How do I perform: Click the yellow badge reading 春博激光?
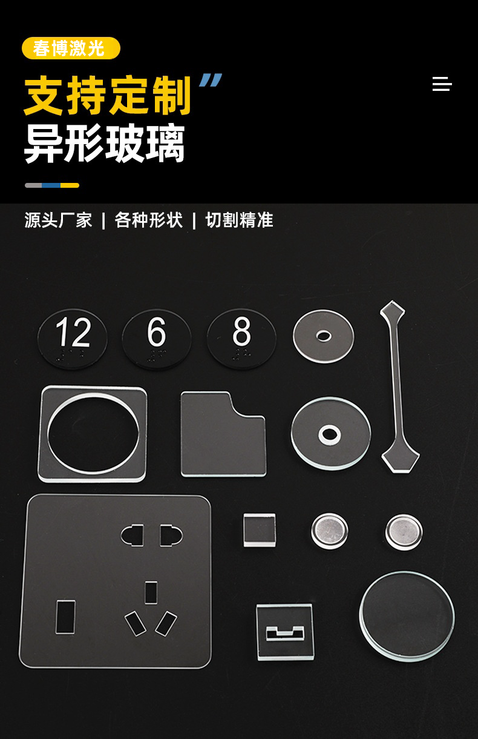coord(71,48)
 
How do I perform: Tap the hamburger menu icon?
coord(442,84)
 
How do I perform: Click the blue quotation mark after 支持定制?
coord(211,80)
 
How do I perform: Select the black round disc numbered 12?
coord(73,339)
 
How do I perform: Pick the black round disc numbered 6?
coord(157,339)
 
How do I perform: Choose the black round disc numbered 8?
coord(241,339)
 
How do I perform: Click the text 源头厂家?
coord(58,220)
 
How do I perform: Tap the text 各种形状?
coord(148,220)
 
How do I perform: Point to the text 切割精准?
coord(240,220)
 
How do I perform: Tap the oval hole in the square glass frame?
coord(93,433)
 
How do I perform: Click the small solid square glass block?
coord(260,530)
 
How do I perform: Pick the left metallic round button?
coord(329,531)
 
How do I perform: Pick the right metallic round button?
coord(404,532)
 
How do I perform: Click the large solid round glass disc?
coord(407,616)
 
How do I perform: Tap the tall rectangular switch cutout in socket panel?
coord(65,617)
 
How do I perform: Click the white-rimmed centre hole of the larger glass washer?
coord(330,434)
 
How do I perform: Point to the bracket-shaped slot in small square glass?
coord(285,634)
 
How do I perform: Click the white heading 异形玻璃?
coord(105,144)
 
